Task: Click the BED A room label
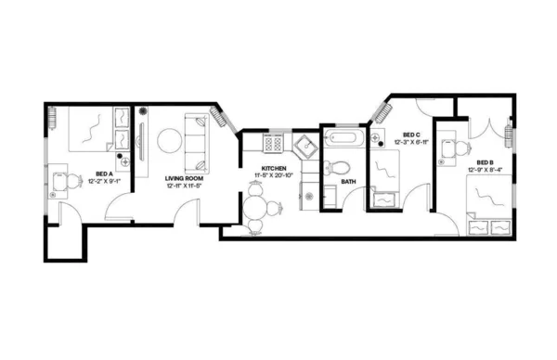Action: (104, 174)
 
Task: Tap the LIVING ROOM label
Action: (184, 177)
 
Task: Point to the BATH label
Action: (348, 182)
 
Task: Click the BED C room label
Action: (409, 135)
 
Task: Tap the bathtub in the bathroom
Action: (343, 141)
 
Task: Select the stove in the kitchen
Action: (274, 143)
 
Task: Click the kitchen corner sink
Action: (304, 145)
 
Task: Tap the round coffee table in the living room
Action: (169, 141)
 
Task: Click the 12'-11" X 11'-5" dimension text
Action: (184, 186)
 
